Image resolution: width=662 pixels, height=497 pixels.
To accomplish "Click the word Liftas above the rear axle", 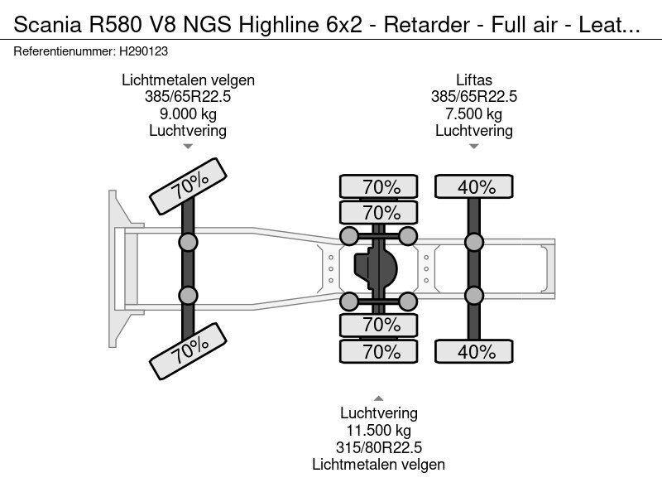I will coord(473,80).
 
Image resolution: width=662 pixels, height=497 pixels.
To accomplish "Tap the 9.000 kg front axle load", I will coord(188,113).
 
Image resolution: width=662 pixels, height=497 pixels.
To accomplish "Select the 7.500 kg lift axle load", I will coord(473,113).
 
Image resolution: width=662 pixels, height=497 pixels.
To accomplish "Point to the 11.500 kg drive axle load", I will coord(378,431).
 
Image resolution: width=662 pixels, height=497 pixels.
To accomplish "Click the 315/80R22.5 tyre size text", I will coord(378,447).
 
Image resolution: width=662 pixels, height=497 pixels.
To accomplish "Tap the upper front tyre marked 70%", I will coord(188,186).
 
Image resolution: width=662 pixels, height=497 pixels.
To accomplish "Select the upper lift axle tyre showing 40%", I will coord(475,186).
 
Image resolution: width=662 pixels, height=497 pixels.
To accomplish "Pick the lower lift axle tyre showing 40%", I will coord(475,352).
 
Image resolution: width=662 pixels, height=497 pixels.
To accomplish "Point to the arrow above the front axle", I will coord(188,147).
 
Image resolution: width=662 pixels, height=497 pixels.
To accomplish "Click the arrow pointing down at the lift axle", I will coord(473,147).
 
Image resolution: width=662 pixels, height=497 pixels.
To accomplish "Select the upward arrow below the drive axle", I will coord(378,398).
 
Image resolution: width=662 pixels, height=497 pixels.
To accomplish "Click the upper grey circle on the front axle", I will coord(188,243).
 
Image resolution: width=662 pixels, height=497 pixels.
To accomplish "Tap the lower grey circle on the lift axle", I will coord(474,296).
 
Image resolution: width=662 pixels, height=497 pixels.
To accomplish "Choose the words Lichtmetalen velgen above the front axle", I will coord(188,80).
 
